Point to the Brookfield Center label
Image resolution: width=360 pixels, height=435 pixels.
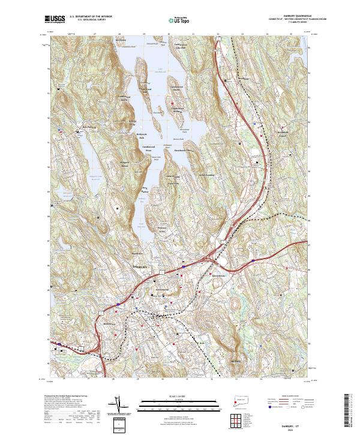242,79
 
